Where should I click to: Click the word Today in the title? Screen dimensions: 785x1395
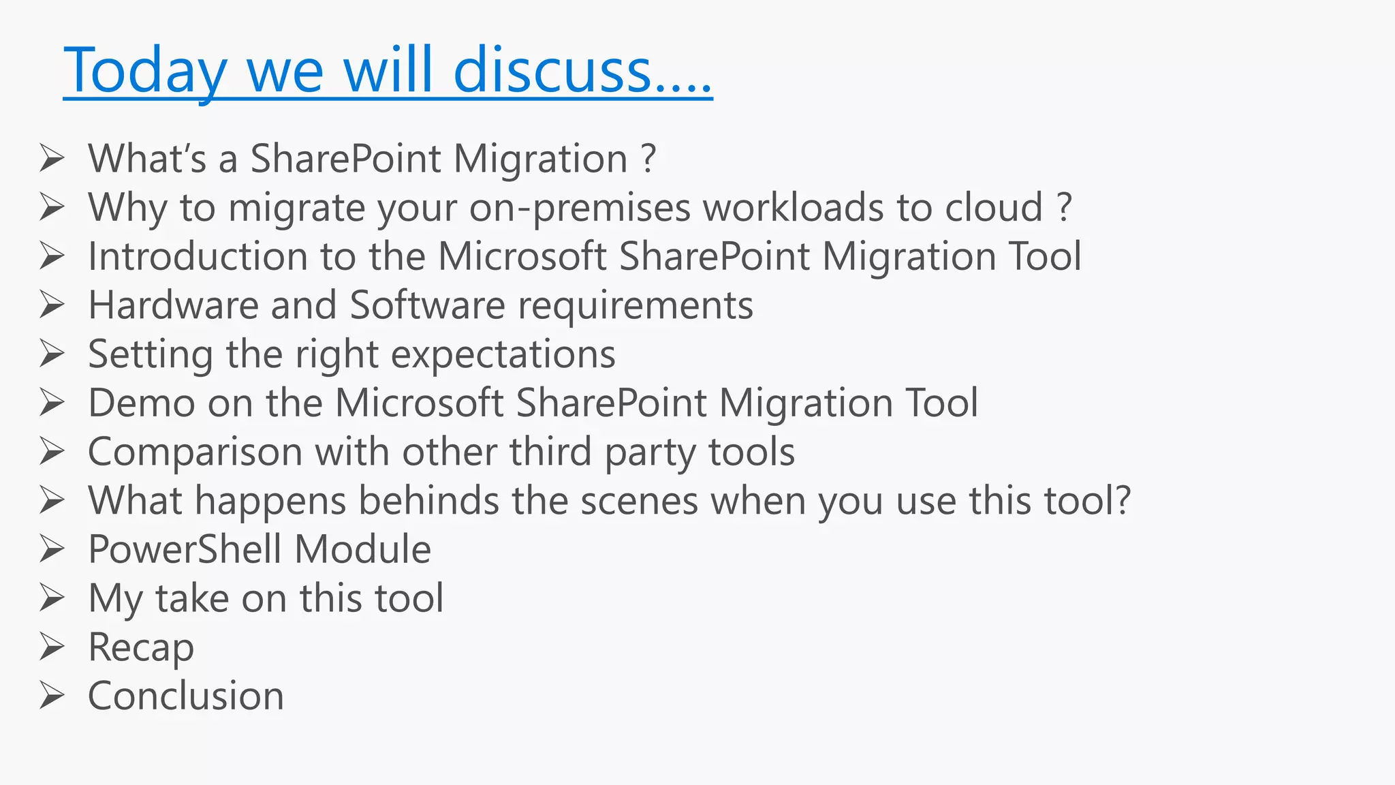(145, 71)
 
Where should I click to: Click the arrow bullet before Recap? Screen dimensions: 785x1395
(52, 647)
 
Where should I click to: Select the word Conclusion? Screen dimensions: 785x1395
(186, 696)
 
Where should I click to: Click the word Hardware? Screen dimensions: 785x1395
(173, 305)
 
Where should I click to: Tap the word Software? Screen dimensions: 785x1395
(427, 305)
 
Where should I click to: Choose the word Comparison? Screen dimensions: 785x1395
(195, 452)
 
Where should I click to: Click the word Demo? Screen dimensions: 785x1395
(142, 403)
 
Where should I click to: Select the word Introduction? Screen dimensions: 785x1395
(198, 256)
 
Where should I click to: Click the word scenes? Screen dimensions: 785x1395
(639, 501)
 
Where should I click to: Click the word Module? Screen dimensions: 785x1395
(362, 549)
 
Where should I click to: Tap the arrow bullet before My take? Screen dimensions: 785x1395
(52, 598)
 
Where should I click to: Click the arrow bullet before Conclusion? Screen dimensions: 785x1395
(52, 696)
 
